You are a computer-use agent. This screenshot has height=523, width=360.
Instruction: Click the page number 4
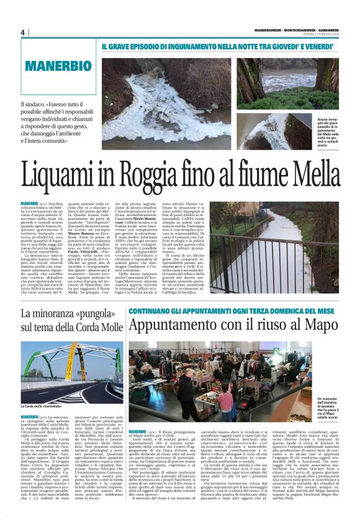[22, 32]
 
